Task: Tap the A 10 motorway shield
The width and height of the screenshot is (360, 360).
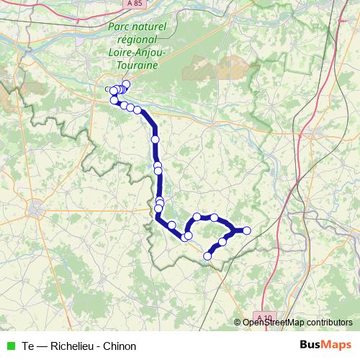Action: click(x=266, y=318)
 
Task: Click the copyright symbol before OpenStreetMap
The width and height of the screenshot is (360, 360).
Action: click(x=237, y=323)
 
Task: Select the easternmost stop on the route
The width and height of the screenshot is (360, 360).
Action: click(x=247, y=230)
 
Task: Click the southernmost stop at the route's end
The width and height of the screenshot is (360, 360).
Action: click(x=208, y=256)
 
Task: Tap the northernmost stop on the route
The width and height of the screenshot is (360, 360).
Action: click(x=126, y=84)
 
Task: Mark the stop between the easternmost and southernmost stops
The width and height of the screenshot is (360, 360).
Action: click(x=222, y=242)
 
